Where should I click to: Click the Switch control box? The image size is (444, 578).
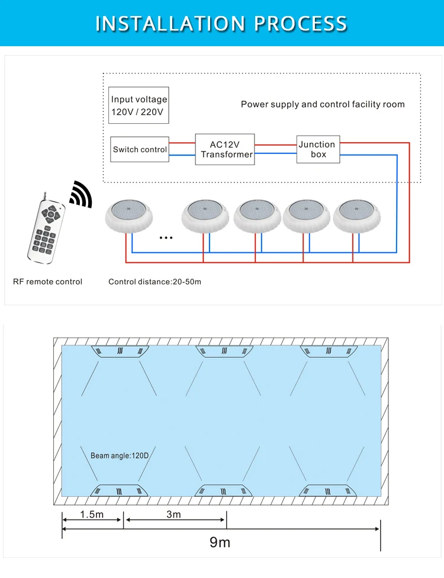(140, 150)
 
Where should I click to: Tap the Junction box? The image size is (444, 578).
(318, 149)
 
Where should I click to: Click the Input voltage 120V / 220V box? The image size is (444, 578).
(139, 105)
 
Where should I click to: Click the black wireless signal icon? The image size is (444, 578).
(81, 194)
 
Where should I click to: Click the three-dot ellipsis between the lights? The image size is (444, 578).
(166, 238)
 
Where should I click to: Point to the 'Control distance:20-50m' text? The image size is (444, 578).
(155, 281)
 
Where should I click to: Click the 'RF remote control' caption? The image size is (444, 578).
(47, 281)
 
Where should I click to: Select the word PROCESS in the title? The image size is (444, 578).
(301, 23)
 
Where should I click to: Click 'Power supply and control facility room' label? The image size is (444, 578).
(323, 104)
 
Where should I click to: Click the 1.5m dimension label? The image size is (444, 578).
(92, 515)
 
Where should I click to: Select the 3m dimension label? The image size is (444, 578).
(173, 515)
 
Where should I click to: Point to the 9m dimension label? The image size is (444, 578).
(220, 542)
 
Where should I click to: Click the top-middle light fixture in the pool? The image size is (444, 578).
(226, 351)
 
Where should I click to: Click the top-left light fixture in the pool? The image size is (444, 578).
(121, 351)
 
